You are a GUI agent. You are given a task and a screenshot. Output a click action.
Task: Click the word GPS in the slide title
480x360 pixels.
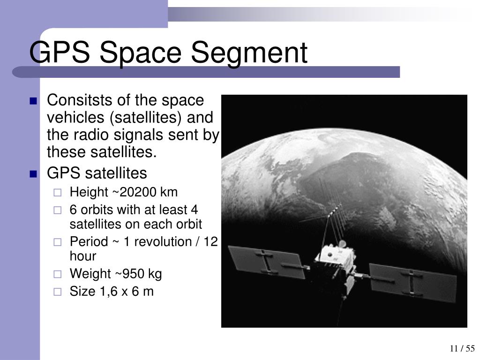[x=60, y=53]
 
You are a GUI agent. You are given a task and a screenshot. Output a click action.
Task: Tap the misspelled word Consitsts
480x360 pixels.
[x=79, y=100]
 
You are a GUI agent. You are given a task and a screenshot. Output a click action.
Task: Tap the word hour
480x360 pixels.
[x=83, y=256]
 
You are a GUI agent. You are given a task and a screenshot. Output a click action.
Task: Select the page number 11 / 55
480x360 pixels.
[x=462, y=349]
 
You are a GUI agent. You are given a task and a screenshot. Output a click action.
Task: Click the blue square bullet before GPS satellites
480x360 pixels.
[x=33, y=174]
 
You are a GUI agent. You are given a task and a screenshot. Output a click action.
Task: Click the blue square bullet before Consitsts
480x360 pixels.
[x=33, y=101]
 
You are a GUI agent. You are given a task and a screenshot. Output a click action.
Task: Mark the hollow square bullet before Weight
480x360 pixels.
[x=57, y=274]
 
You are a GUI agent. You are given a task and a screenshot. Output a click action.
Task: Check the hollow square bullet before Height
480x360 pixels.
[x=57, y=193]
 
